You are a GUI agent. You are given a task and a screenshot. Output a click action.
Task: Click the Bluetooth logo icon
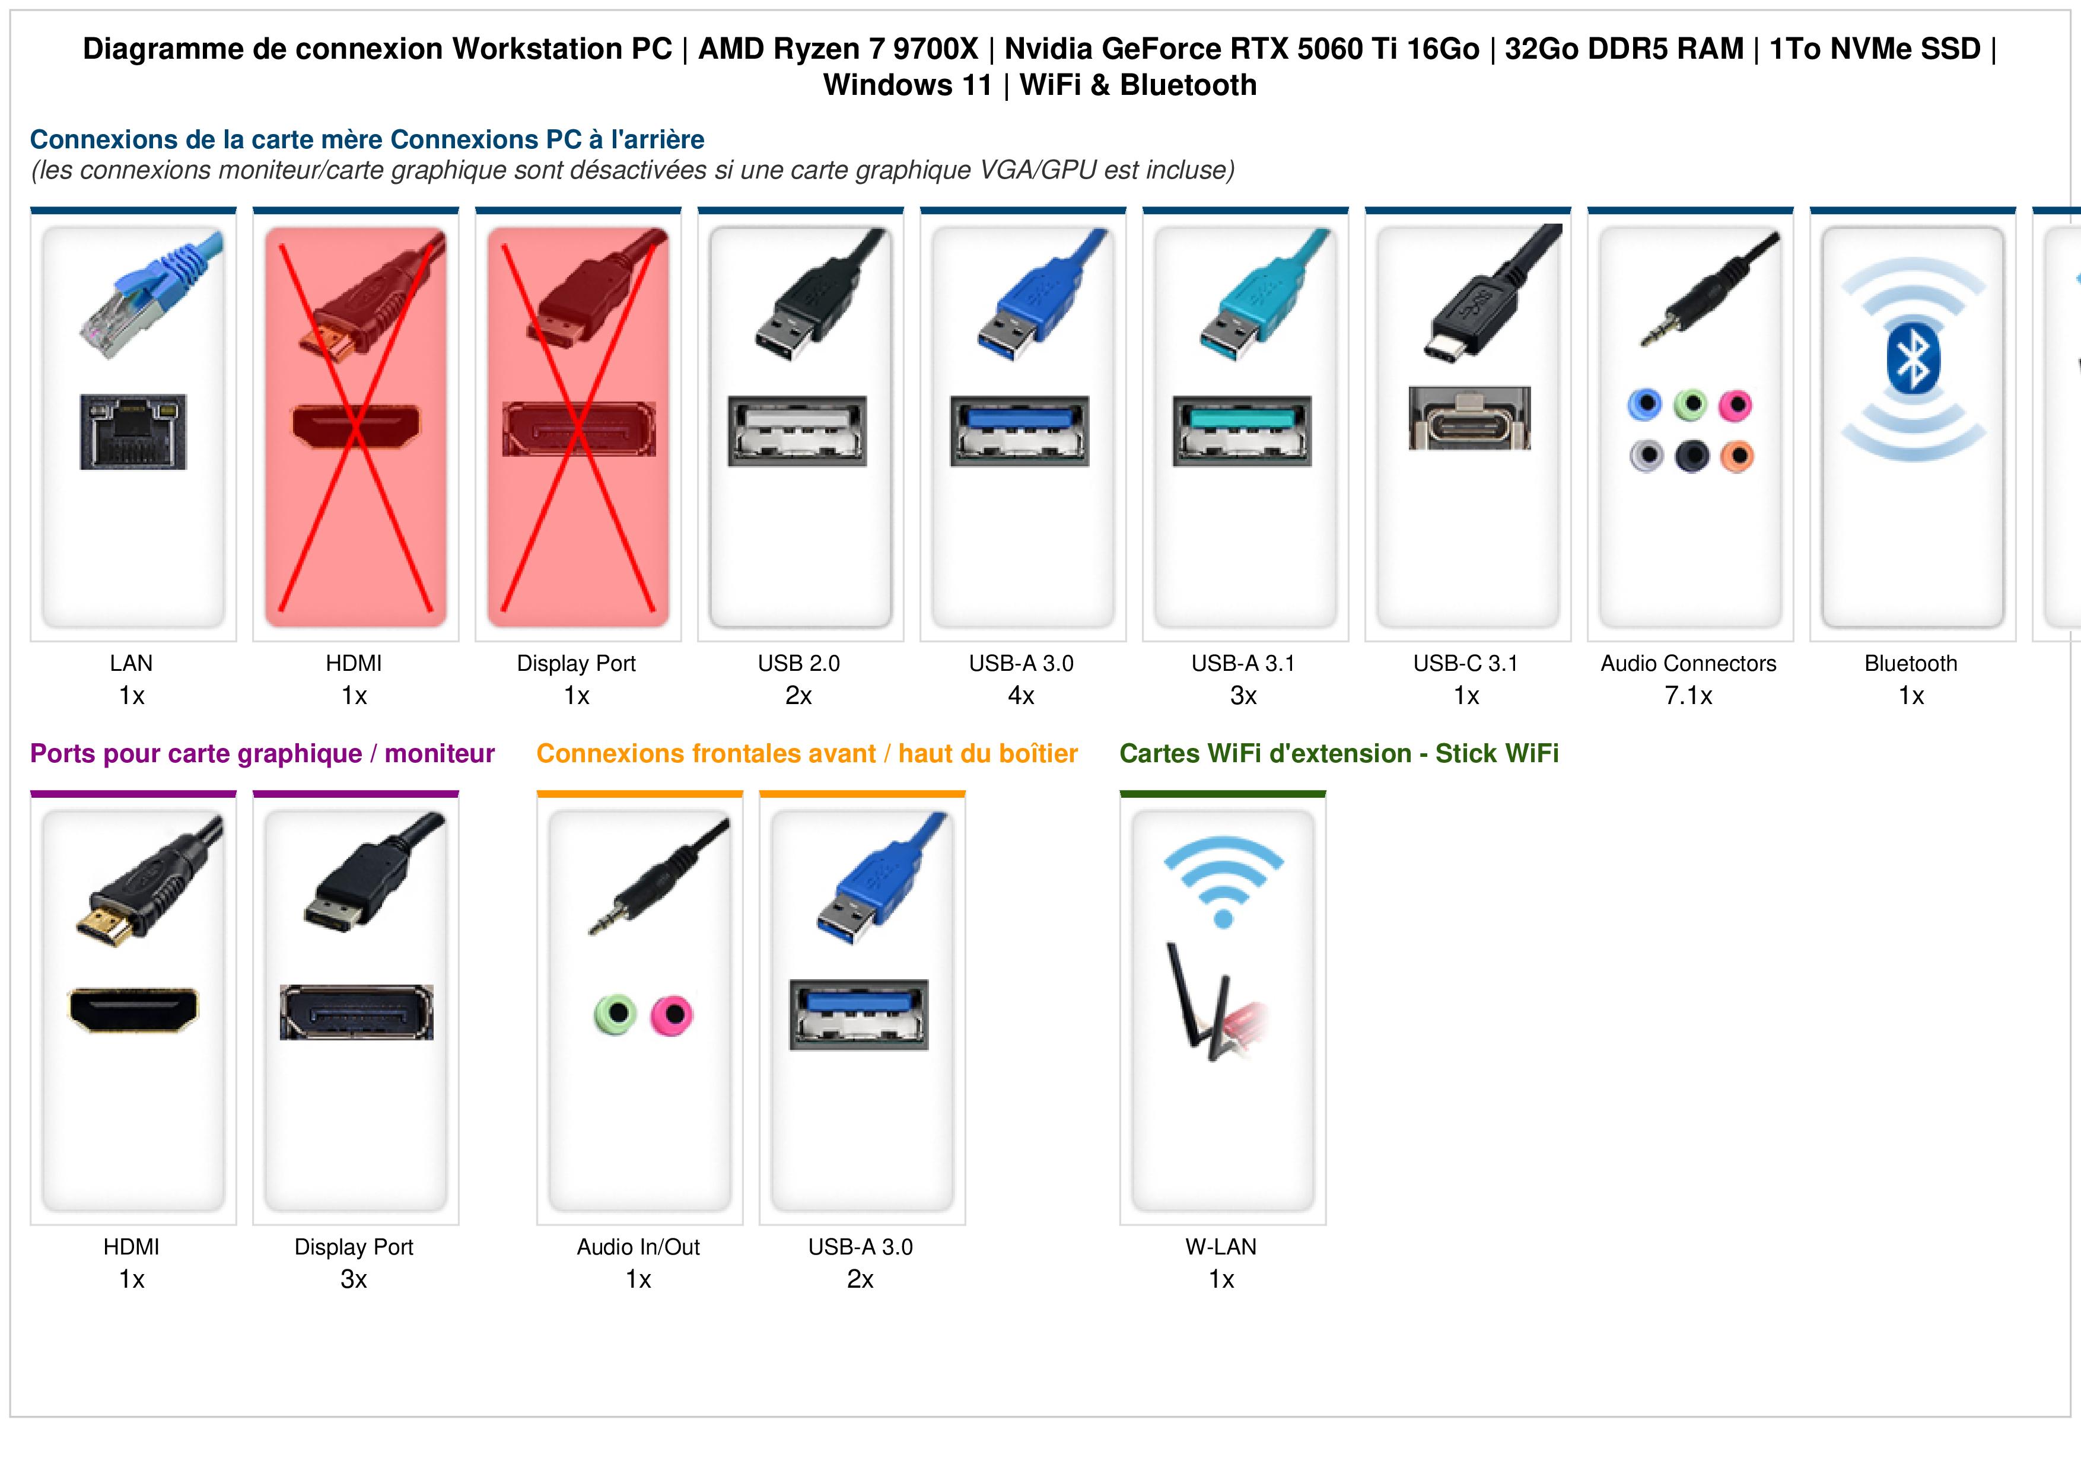click(x=1913, y=359)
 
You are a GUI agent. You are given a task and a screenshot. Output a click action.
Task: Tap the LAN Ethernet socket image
click(x=133, y=431)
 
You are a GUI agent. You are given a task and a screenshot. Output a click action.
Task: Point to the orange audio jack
click(x=1736, y=456)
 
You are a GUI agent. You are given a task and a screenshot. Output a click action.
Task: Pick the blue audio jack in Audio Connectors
click(x=1645, y=405)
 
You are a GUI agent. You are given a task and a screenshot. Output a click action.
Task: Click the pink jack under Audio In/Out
click(x=672, y=1015)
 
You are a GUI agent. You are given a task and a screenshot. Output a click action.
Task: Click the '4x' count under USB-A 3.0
click(x=1022, y=696)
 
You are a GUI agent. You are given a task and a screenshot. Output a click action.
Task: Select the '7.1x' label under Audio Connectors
click(x=1688, y=696)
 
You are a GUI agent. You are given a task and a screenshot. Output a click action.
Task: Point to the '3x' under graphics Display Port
click(x=354, y=1280)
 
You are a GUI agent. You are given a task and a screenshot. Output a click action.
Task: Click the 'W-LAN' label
click(x=1221, y=1247)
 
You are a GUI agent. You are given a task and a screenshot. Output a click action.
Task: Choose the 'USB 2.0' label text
click(x=798, y=664)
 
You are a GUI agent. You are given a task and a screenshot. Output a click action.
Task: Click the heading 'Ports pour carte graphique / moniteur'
click(x=262, y=754)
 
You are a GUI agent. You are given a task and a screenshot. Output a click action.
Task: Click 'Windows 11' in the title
click(x=908, y=85)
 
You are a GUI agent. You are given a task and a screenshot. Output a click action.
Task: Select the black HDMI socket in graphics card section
click(x=133, y=1010)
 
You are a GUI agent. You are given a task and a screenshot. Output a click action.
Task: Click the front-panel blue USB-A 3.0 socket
click(x=859, y=1014)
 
